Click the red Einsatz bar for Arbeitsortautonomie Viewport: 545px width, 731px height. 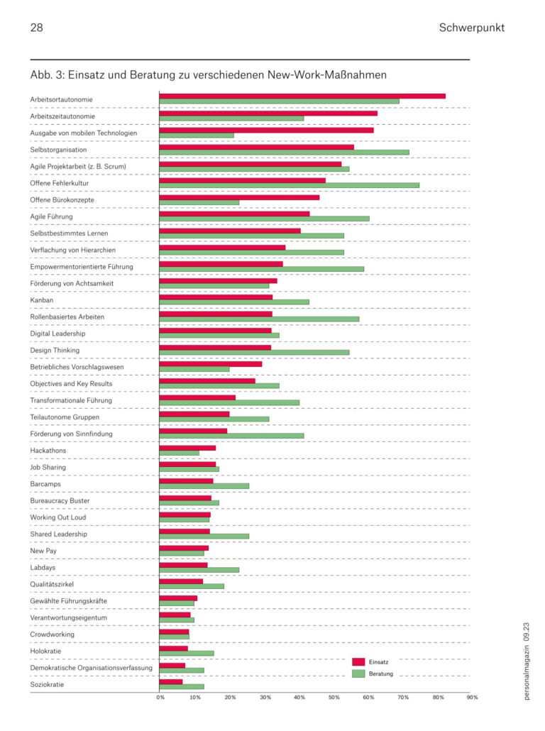pos(302,96)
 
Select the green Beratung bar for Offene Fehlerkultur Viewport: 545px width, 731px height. pos(289,185)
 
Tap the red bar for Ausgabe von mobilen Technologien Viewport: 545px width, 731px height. pos(266,129)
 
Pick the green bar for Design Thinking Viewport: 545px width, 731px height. pos(254,352)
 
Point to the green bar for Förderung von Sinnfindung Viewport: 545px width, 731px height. pos(231,436)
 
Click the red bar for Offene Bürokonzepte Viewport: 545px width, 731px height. pos(239,197)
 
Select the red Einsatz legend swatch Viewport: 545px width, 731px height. pos(358,661)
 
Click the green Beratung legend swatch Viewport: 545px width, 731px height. pos(358,674)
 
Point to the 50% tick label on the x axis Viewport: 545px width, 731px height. pos(334,698)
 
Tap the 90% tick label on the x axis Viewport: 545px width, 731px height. pos(472,698)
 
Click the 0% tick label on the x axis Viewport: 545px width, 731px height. pos(160,698)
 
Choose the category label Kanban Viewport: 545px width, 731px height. pos(42,300)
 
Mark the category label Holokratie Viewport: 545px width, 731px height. pos(46,651)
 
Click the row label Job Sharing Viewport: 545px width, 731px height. pos(48,468)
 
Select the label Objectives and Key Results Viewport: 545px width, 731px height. pos(71,384)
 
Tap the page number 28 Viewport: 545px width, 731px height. pos(37,28)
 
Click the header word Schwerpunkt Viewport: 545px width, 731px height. pos(471,28)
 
